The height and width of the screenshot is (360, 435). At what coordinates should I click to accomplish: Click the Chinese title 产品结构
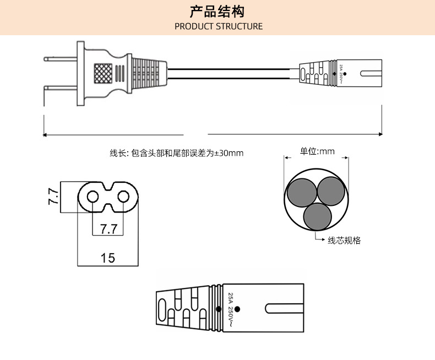pyautogui.click(x=218, y=12)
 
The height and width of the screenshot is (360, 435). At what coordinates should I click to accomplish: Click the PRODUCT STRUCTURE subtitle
pyautogui.click(x=218, y=26)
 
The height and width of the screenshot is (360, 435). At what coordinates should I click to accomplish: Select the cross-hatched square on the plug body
pyautogui.click(x=102, y=73)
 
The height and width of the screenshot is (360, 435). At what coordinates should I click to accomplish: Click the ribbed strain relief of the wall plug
pyautogui.click(x=146, y=73)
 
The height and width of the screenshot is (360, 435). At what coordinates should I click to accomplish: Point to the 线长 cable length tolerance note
pyautogui.click(x=176, y=153)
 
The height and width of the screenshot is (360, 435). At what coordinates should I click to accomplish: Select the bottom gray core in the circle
pyautogui.click(x=317, y=216)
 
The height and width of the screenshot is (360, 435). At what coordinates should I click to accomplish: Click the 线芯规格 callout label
pyautogui.click(x=344, y=241)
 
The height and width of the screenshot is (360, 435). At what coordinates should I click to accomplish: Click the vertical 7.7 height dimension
pyautogui.click(x=53, y=197)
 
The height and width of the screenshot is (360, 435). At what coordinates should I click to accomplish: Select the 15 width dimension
pyautogui.click(x=108, y=258)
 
